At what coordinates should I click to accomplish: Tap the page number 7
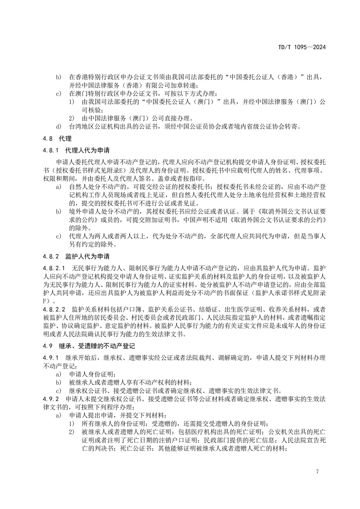(x=317, y=471)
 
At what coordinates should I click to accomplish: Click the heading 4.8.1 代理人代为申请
(x=72, y=149)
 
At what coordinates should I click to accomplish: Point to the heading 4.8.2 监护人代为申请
(x=72, y=256)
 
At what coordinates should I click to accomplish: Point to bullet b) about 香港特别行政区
(x=58, y=77)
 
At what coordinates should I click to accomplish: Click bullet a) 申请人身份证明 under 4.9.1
(x=58, y=374)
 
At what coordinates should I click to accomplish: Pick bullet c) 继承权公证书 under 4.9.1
(x=58, y=390)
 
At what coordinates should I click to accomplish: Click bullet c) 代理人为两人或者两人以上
(x=58, y=235)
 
